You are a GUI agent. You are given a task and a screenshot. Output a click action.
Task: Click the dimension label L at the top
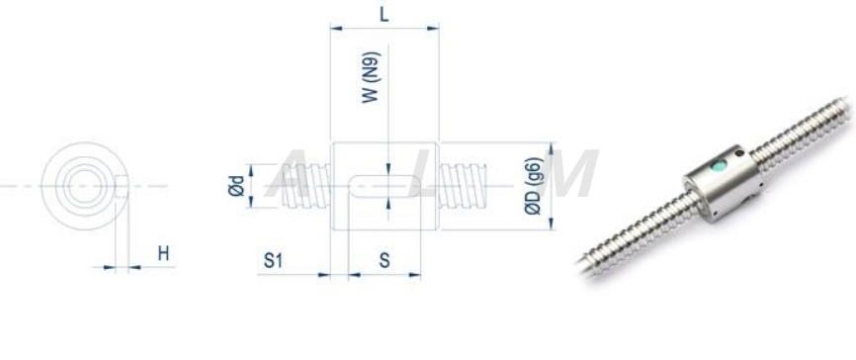pos(384,13)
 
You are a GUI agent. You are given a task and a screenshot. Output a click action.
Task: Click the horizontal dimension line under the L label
pos(384,30)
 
